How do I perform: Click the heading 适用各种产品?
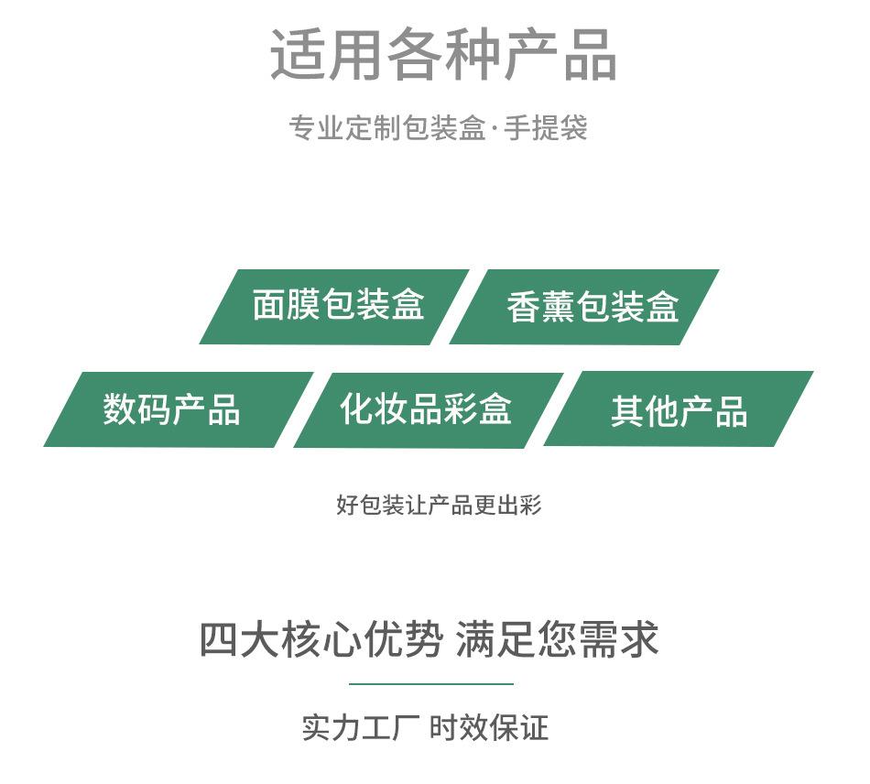(443, 55)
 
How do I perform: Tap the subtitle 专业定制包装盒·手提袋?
(438, 128)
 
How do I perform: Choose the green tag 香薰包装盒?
(591, 307)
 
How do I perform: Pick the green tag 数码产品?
(172, 409)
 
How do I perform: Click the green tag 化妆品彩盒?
(426, 409)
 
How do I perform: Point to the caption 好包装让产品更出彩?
(439, 505)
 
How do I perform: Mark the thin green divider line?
(430, 683)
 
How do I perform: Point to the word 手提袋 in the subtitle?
(546, 128)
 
